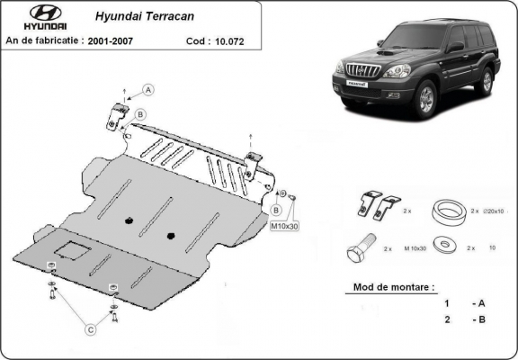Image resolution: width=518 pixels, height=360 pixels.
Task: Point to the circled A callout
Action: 149,88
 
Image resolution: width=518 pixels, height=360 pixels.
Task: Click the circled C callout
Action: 91,329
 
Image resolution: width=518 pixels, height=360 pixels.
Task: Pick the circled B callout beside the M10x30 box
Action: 275,209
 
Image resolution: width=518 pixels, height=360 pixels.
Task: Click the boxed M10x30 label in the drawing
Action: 284,225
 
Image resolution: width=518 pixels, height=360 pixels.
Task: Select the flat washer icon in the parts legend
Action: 441,244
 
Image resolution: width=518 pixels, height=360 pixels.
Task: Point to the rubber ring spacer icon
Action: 443,210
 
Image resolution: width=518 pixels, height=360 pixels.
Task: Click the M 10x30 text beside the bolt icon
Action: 414,246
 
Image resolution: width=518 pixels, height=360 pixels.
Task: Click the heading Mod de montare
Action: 388,288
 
